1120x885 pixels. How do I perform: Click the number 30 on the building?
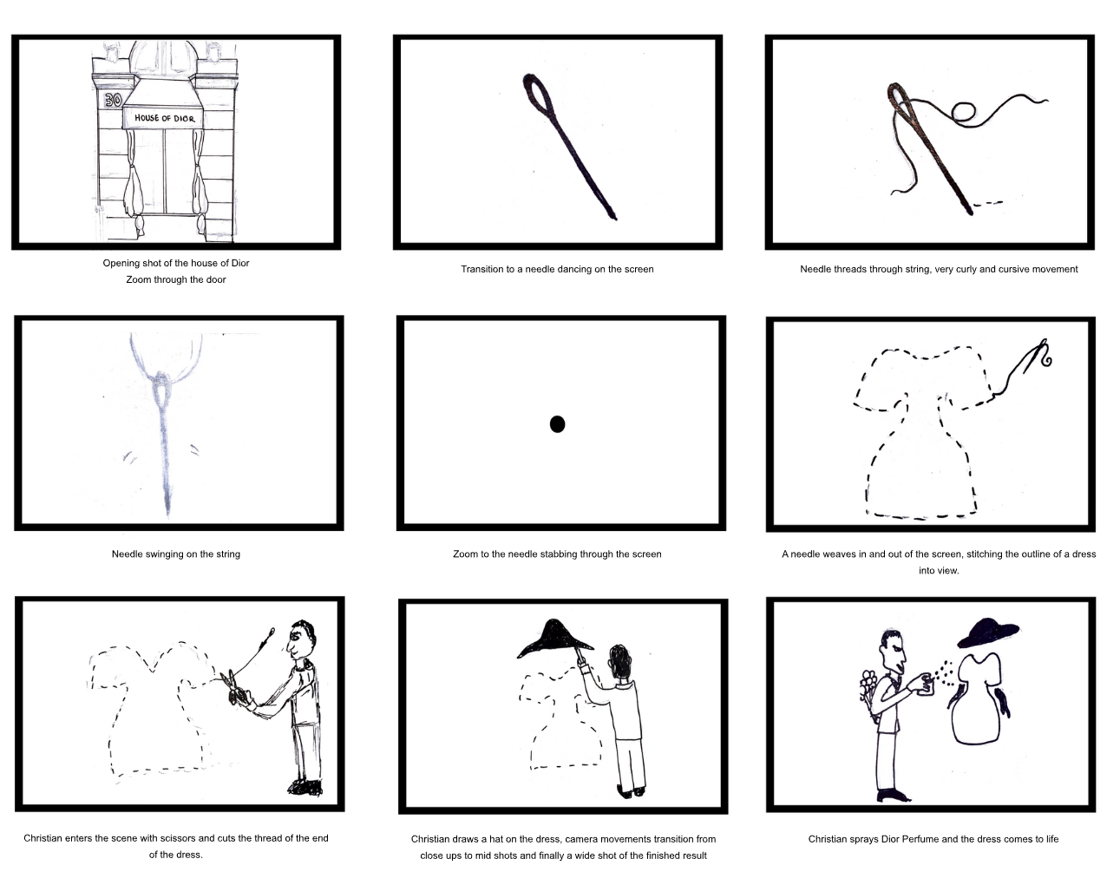113,100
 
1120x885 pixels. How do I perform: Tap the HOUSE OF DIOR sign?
165,118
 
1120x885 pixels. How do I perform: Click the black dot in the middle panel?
558,424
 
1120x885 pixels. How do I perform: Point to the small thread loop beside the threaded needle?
964,111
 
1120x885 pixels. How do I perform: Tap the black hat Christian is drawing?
555,638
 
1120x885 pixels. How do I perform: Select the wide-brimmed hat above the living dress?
987,633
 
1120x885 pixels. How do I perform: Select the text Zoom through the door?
176,279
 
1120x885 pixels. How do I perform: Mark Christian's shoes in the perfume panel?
894,796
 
